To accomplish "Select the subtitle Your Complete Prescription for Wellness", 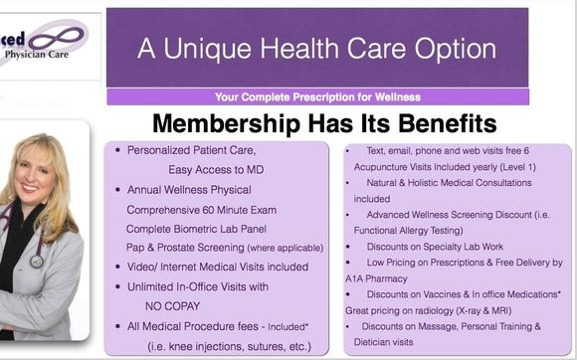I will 317,96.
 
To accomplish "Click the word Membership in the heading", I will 234,124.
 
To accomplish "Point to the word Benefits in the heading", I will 434,124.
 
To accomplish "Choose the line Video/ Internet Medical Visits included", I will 217,267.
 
